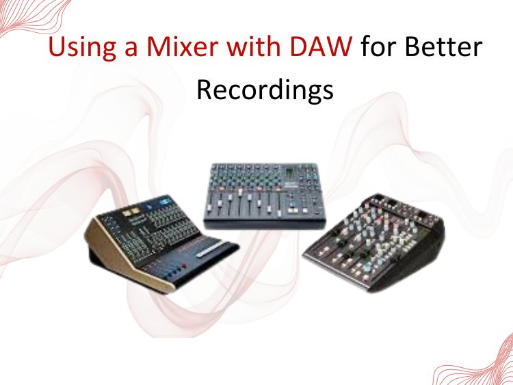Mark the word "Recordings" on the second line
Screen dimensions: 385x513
click(x=265, y=90)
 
